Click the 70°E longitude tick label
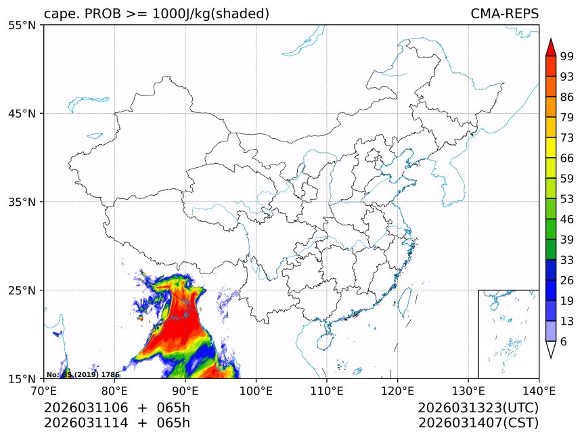click(44, 390)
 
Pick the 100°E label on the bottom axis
click(256, 390)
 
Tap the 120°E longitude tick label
click(397, 390)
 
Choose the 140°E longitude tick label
click(539, 390)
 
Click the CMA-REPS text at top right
click(504, 14)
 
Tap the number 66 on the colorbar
click(567, 158)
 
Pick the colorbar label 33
click(567, 260)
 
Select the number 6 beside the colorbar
click(564, 342)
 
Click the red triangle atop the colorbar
click(551, 47)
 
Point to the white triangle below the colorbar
click(551, 349)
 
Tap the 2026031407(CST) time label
click(478, 423)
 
